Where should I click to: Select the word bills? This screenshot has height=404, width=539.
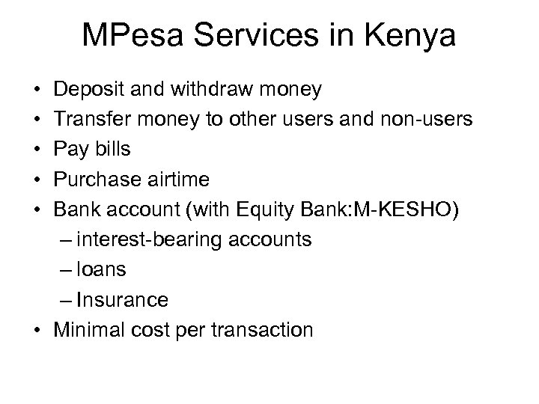[111, 150]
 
